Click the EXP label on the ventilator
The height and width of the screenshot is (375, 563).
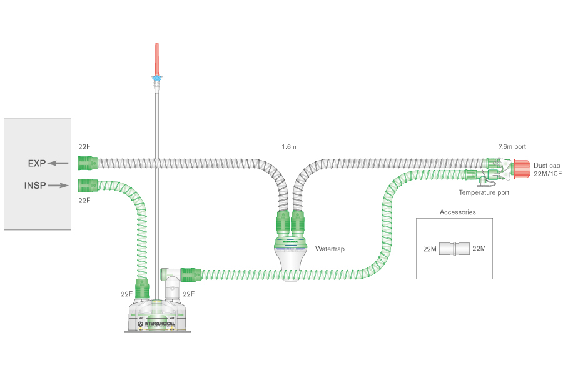tap(36, 164)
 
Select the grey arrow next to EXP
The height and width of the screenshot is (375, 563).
tap(58, 164)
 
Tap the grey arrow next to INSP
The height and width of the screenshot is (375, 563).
tap(58, 186)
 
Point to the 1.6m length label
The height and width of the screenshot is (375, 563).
tap(288, 147)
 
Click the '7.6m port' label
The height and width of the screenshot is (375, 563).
tap(512, 147)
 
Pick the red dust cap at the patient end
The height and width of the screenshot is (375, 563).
tap(522, 167)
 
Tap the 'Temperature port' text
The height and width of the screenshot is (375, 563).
tap(484, 193)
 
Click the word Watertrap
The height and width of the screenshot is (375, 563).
tap(330, 249)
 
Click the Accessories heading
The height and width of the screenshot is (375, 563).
tap(457, 212)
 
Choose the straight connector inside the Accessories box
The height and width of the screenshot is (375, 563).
tap(454, 249)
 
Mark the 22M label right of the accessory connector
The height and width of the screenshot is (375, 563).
tap(479, 249)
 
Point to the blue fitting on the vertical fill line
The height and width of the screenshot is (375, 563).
tap(156, 79)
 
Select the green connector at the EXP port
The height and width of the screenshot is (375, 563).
tap(88, 164)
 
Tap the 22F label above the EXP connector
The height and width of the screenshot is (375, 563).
tap(84, 147)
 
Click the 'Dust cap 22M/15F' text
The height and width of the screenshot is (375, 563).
tap(547, 169)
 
